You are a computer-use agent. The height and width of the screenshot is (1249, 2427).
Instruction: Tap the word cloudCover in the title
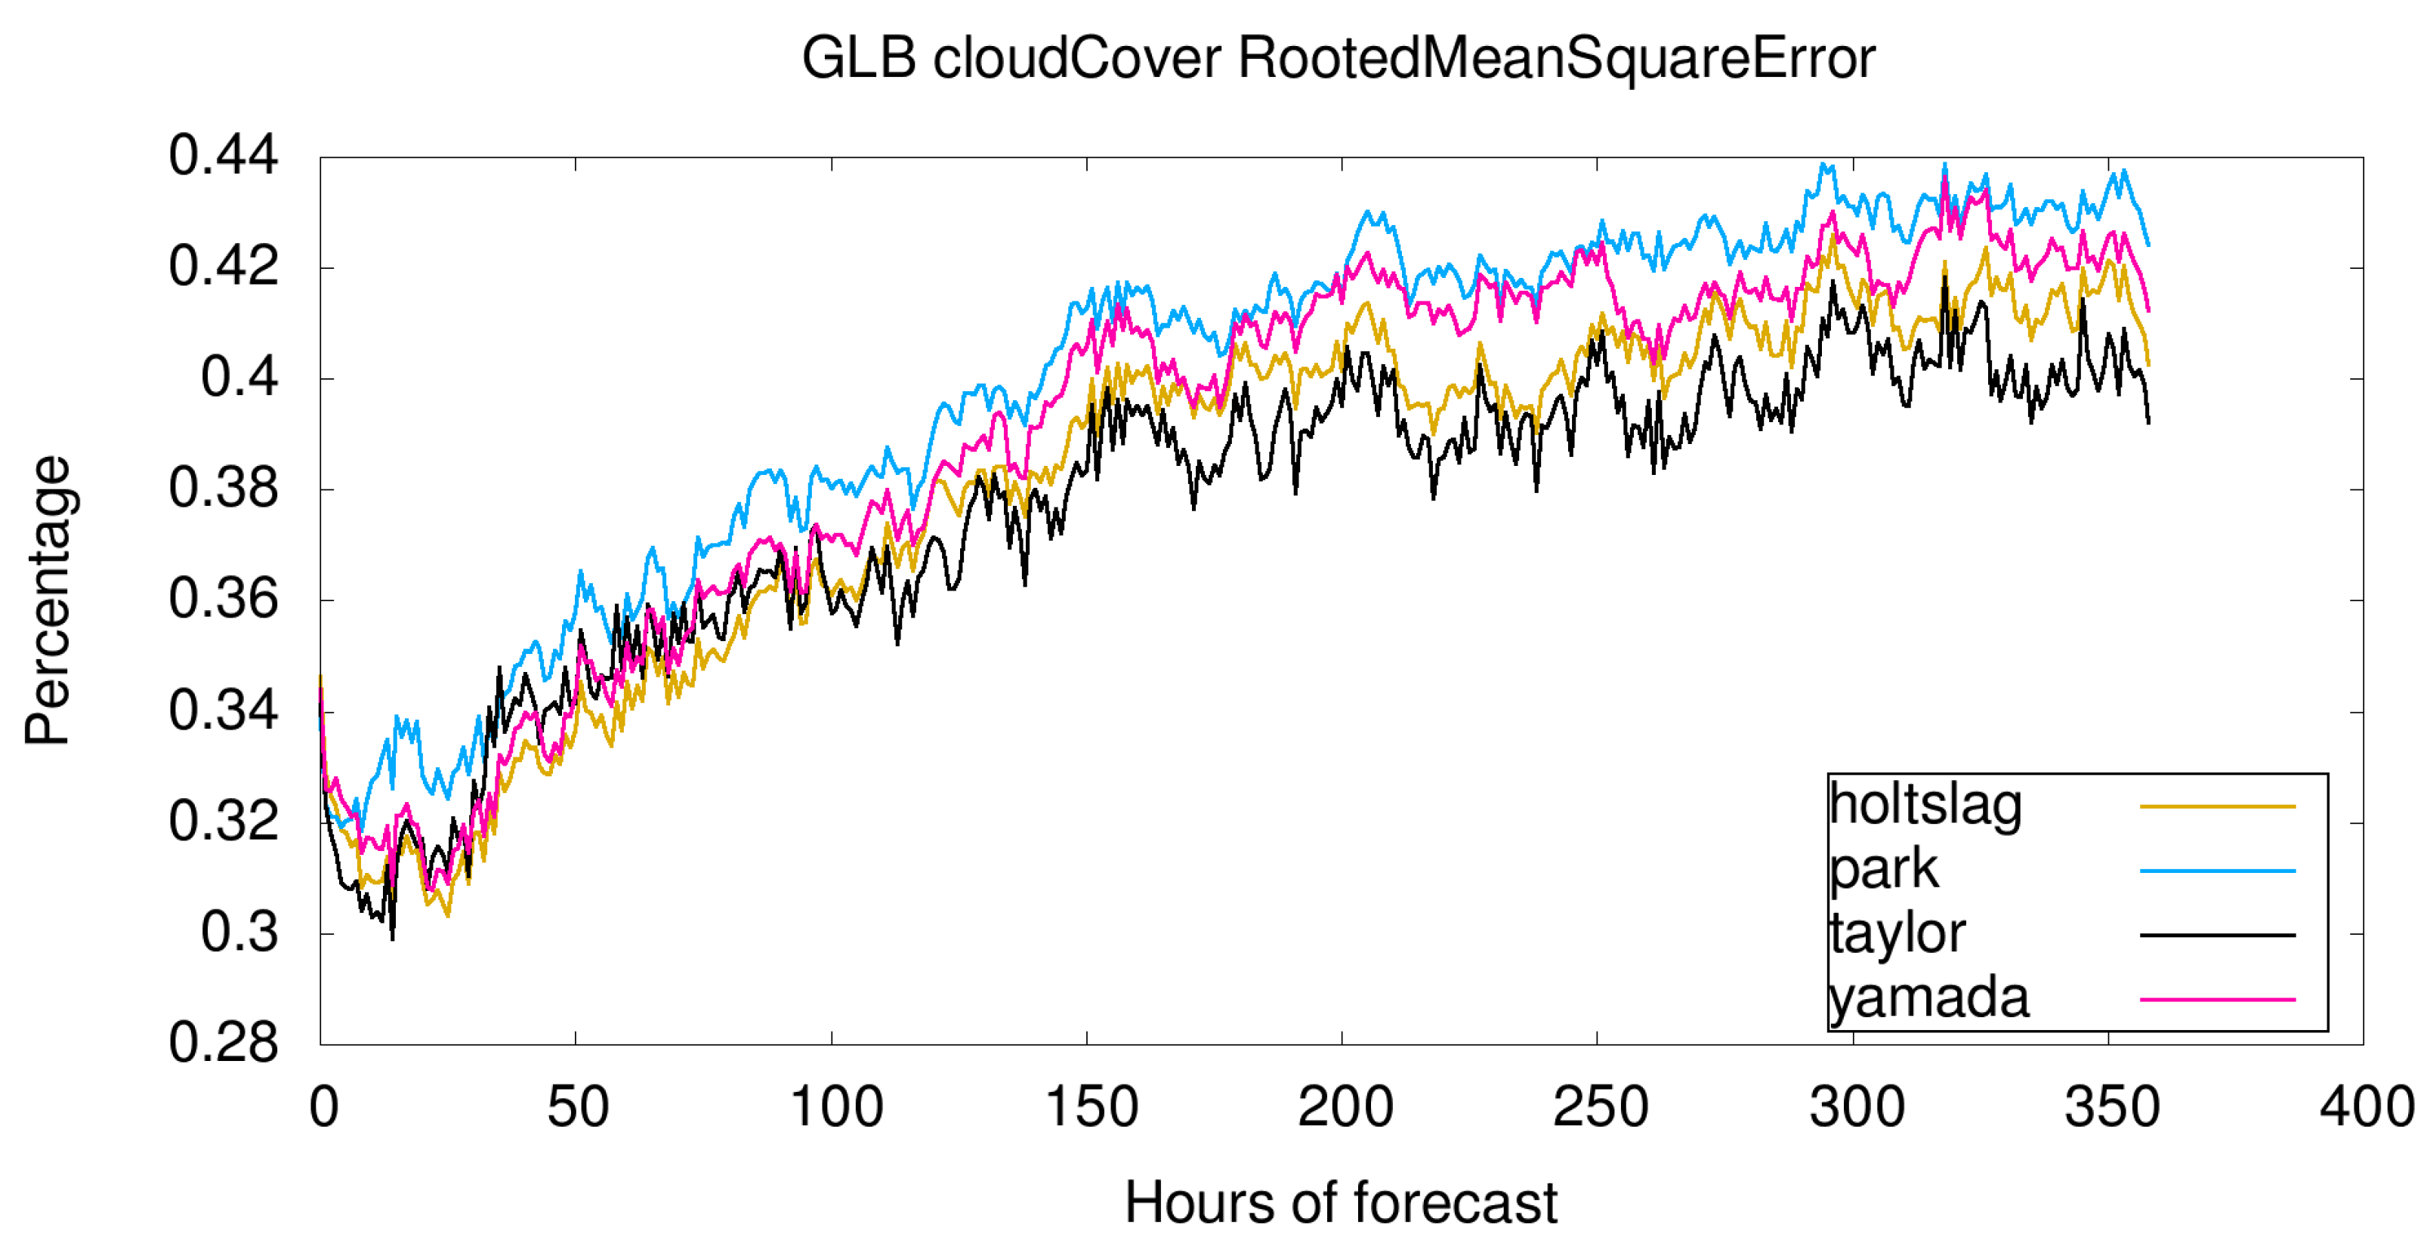pyautogui.click(x=1077, y=58)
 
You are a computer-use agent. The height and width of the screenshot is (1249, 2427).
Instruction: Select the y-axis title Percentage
pyautogui.click(x=47, y=601)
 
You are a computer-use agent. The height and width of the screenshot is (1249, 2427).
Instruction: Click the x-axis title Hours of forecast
pyautogui.click(x=1341, y=1203)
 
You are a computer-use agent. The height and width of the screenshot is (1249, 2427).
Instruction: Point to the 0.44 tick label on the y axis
pyautogui.click(x=224, y=156)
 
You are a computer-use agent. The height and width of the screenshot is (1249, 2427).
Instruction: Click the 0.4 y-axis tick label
pyautogui.click(x=239, y=378)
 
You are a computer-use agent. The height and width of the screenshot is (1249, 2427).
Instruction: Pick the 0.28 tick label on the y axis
pyautogui.click(x=224, y=1043)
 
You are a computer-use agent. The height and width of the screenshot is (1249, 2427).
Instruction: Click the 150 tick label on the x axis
pyautogui.click(x=1091, y=1107)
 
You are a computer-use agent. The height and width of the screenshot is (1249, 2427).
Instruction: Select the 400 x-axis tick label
pyautogui.click(x=2366, y=1107)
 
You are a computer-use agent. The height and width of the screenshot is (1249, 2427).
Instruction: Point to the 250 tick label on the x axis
pyautogui.click(x=1600, y=1107)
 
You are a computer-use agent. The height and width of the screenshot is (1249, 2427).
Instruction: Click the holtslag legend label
pyautogui.click(x=1925, y=805)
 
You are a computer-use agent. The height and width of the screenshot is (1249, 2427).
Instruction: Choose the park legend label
pyautogui.click(x=1883, y=869)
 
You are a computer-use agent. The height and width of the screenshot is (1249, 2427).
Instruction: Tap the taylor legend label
pyautogui.click(x=1897, y=933)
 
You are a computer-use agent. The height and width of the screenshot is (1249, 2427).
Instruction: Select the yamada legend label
pyautogui.click(x=1928, y=998)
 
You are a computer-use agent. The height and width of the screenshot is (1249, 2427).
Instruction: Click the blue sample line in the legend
pyautogui.click(x=2217, y=871)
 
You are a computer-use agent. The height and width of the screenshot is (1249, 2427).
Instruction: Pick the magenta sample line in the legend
pyautogui.click(x=2217, y=999)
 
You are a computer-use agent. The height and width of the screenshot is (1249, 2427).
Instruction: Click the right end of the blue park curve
pyautogui.click(x=2148, y=245)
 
